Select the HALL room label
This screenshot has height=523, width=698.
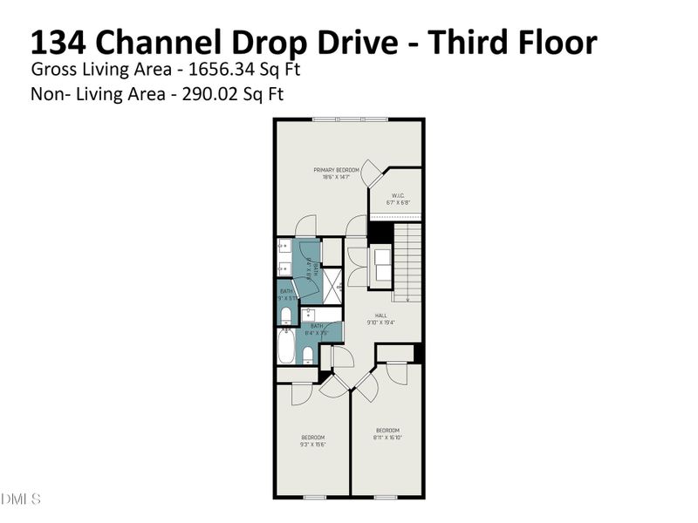[380, 316]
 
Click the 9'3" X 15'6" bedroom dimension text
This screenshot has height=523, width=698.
[313, 444]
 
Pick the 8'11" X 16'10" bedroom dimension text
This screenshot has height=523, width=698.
[387, 437]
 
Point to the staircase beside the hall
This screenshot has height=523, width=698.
[407, 261]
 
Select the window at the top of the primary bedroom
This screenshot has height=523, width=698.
[350, 119]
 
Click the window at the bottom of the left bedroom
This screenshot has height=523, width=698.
[314, 497]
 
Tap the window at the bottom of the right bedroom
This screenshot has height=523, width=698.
[386, 497]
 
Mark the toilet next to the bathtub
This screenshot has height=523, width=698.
[309, 354]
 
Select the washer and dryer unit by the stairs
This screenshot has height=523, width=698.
[382, 265]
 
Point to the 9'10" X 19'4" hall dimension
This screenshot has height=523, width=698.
[380, 323]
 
